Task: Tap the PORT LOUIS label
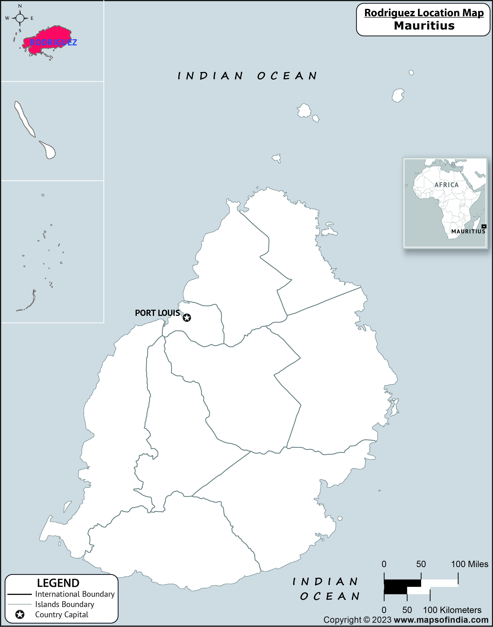[x=157, y=313]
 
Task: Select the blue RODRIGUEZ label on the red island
[x=53, y=42]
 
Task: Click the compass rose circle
[x=20, y=18]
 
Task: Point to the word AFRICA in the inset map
[x=447, y=185]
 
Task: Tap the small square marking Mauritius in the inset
[x=484, y=226]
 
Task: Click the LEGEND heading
[x=58, y=583]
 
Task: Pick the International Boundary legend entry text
[x=75, y=594]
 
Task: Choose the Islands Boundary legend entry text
[x=65, y=604]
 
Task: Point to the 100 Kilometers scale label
[x=452, y=610]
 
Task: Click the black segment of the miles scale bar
[x=402, y=583]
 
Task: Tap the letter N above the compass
[x=20, y=6]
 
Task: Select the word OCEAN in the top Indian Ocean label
[x=287, y=76]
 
